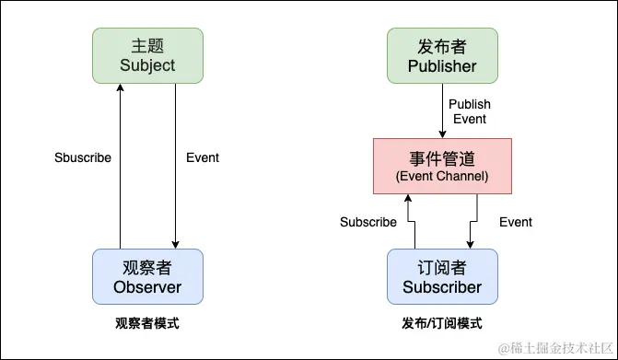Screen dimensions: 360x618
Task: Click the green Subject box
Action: click(x=147, y=54)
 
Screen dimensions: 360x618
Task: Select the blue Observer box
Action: click(x=147, y=276)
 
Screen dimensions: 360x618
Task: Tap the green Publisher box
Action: click(x=443, y=54)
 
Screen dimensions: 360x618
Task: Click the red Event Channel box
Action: click(x=442, y=166)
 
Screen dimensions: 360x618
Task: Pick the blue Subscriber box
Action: click(x=442, y=276)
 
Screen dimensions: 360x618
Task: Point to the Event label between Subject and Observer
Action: click(x=203, y=157)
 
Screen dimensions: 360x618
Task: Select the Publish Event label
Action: click(x=470, y=111)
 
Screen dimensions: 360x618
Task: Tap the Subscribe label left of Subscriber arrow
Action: click(x=368, y=222)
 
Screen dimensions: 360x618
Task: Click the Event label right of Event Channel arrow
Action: click(x=516, y=222)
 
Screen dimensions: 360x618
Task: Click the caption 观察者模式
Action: click(x=147, y=323)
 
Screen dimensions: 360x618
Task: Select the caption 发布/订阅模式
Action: click(x=442, y=323)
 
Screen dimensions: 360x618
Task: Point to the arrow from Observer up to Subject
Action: click(x=121, y=166)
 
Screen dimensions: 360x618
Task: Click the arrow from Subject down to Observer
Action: click(x=175, y=166)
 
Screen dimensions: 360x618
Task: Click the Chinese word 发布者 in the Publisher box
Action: click(x=443, y=45)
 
